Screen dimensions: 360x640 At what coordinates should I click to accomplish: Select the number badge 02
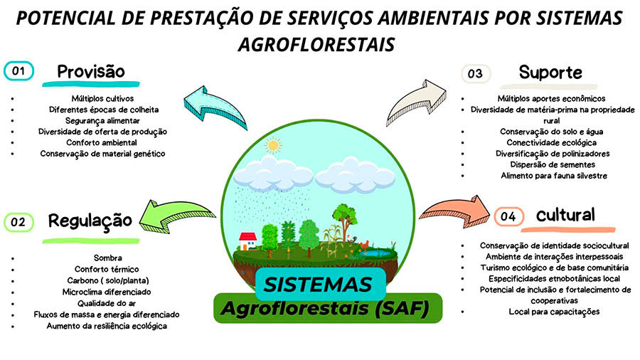(18, 222)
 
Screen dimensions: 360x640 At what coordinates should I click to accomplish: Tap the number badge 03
(475, 73)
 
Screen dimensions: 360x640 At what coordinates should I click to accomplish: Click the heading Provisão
(90, 72)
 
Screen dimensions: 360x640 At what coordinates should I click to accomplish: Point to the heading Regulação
(90, 221)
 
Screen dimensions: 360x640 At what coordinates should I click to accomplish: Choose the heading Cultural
(566, 215)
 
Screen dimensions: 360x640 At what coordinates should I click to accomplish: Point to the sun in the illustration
(272, 146)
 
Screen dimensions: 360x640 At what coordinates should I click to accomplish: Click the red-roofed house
(247, 240)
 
